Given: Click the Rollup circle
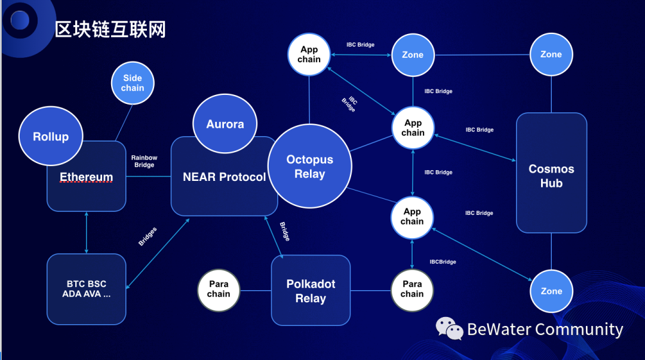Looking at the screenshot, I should [x=51, y=137].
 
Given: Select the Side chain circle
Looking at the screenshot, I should [x=133, y=83].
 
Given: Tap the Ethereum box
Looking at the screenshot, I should [x=86, y=185].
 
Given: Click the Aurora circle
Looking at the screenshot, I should [x=225, y=125].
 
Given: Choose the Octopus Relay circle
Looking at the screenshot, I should [x=310, y=167].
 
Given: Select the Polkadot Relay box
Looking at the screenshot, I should [x=311, y=291].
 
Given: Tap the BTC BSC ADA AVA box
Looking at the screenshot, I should [x=86, y=289].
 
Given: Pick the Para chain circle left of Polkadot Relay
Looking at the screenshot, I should [x=219, y=290].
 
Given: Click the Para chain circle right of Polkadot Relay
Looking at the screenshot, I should [x=412, y=290].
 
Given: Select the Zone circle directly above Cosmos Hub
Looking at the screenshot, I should [x=551, y=54].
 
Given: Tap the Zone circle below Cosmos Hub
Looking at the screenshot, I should [x=551, y=291].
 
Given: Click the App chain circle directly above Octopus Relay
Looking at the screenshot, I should [x=309, y=55].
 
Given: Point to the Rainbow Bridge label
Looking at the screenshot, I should [x=145, y=161].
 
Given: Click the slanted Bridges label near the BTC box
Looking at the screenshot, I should [x=148, y=236].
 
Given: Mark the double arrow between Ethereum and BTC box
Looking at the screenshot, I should [x=87, y=232].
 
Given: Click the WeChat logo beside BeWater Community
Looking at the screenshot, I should [x=449, y=328].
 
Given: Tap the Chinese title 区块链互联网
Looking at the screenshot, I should [x=110, y=29].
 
